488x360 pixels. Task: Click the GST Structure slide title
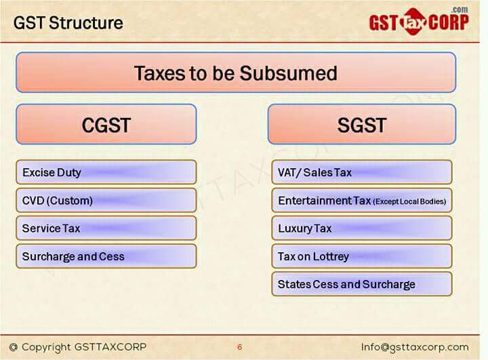tap(68, 23)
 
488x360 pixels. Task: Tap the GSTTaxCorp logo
tap(418, 22)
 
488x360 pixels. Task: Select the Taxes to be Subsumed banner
tap(235, 73)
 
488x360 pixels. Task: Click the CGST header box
tap(106, 125)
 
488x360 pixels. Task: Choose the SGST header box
tap(361, 125)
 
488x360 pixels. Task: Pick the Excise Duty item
tap(106, 172)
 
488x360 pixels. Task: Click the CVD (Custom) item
tap(106, 201)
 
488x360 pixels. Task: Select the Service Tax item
tap(106, 228)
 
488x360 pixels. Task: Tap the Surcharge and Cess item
tap(106, 256)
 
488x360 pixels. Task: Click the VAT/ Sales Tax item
tap(361, 172)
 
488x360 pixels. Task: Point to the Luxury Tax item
tap(361, 228)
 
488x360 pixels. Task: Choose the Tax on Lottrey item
tap(361, 256)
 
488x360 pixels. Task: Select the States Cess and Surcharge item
tap(361, 284)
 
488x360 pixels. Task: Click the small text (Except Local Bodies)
tap(409, 202)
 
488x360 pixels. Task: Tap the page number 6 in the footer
tap(239, 347)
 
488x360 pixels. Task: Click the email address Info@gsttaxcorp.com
tap(415, 346)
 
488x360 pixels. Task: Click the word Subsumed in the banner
tap(293, 73)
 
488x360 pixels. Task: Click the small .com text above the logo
tap(459, 9)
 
